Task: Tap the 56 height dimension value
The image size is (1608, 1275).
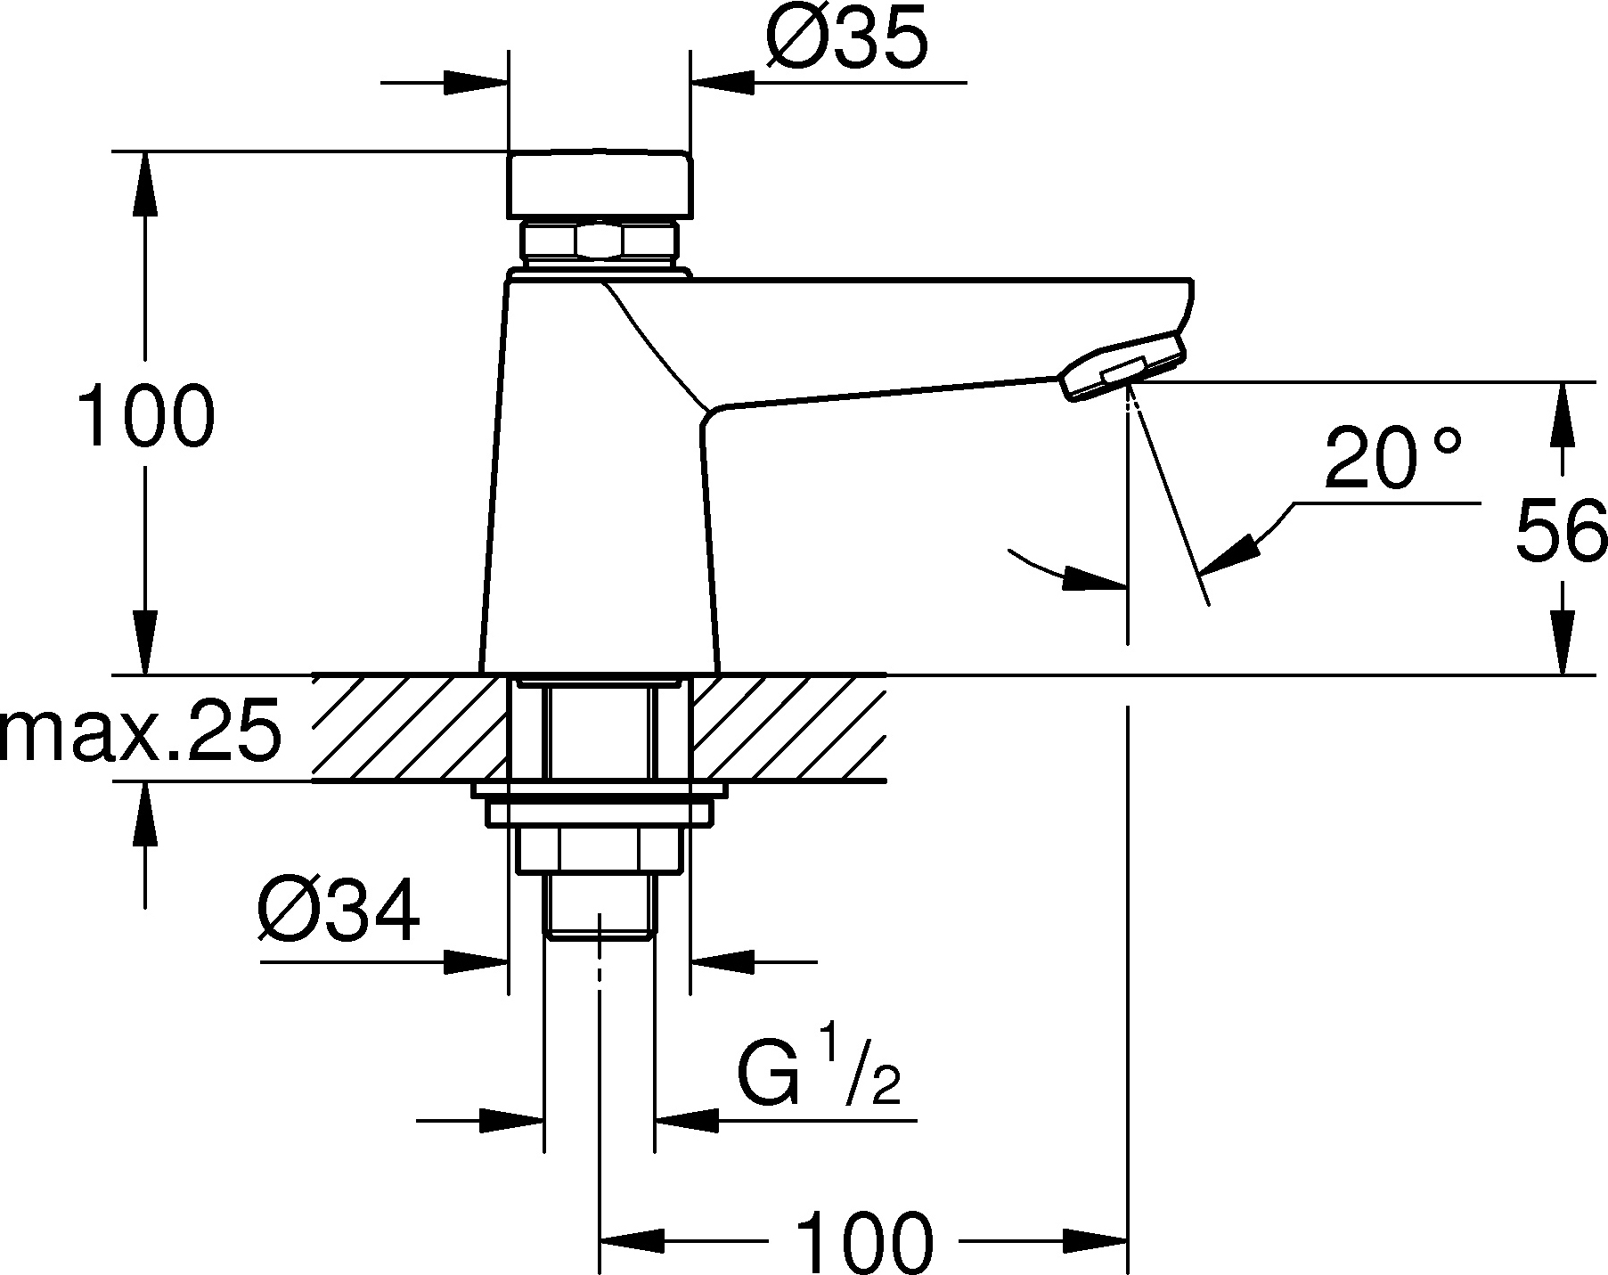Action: (1561, 531)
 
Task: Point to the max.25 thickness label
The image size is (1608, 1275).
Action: (140, 730)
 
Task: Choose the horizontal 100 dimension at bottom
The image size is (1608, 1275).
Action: (863, 1241)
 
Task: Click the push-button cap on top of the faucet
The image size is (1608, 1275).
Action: (599, 184)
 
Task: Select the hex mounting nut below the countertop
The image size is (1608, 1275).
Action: (600, 848)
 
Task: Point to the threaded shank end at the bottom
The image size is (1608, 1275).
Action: (600, 904)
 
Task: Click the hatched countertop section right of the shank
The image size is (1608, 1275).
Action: (788, 728)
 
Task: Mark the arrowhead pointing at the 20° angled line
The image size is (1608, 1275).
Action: (1229, 552)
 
